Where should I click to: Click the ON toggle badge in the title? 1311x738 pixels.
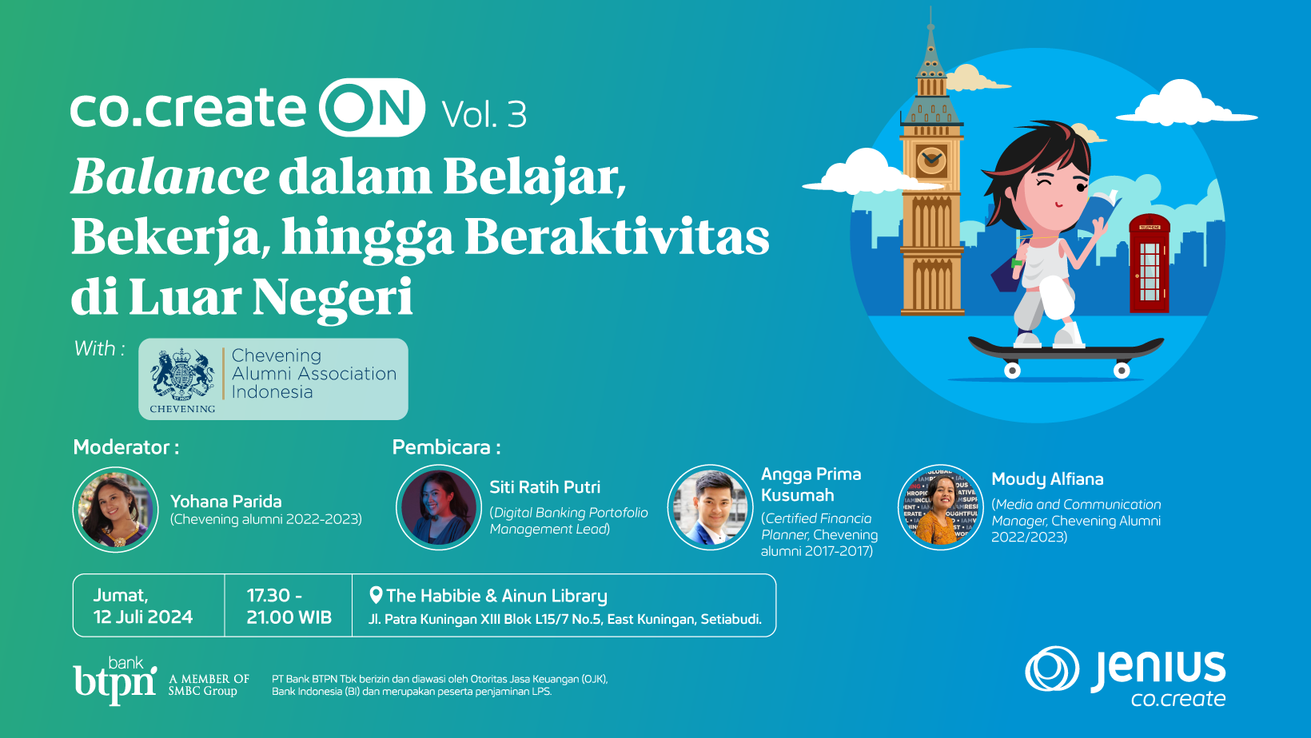click(x=372, y=108)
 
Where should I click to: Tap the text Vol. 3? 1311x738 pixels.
click(x=484, y=115)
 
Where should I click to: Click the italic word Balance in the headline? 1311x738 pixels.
click(x=170, y=177)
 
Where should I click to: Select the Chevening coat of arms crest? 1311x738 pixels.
click(x=183, y=374)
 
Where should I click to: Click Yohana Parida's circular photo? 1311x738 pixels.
click(x=116, y=510)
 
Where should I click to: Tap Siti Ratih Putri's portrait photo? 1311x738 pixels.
click(x=438, y=507)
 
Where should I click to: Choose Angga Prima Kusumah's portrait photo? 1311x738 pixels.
click(x=710, y=507)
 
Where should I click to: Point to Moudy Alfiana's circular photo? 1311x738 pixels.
click(x=941, y=507)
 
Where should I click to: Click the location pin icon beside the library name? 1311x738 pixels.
click(x=376, y=595)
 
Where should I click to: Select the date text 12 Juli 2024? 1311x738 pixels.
click(x=143, y=617)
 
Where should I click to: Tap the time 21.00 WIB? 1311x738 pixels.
click(x=289, y=617)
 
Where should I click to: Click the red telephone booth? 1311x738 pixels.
click(x=1149, y=264)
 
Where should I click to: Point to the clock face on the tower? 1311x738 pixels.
click(x=931, y=160)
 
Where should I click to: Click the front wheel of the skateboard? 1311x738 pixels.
click(x=1122, y=371)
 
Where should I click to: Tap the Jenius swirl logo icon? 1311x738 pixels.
click(x=1052, y=669)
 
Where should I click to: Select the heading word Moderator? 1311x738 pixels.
click(x=122, y=447)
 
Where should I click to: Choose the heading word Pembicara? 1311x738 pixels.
click(x=441, y=447)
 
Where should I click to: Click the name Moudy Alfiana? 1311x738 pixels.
click(x=1047, y=479)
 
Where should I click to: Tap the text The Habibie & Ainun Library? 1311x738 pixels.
click(x=496, y=596)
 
